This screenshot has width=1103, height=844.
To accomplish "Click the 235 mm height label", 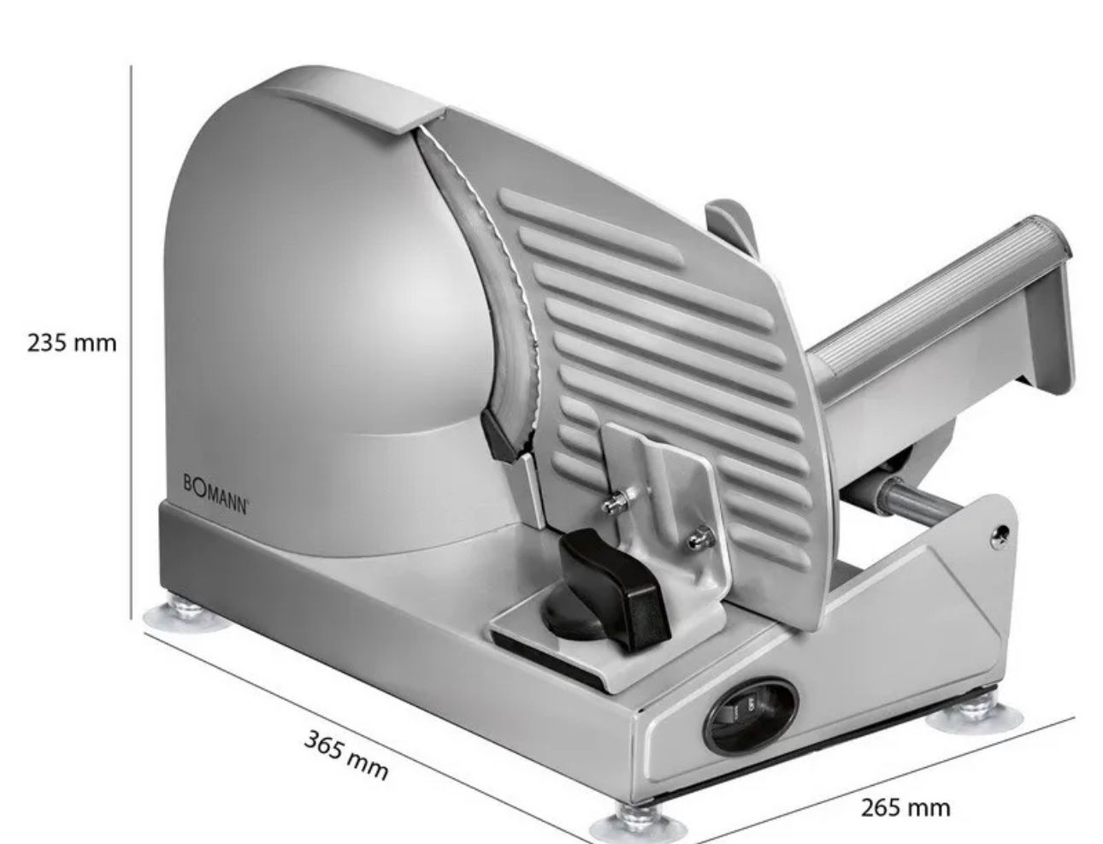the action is coord(71,343).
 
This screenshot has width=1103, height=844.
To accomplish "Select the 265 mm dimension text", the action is coord(905,808).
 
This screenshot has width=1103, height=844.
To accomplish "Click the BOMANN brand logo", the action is coord(215,494).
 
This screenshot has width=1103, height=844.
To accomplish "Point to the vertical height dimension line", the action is coord(131,343).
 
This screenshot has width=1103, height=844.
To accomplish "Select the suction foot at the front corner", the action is coord(637,824).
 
